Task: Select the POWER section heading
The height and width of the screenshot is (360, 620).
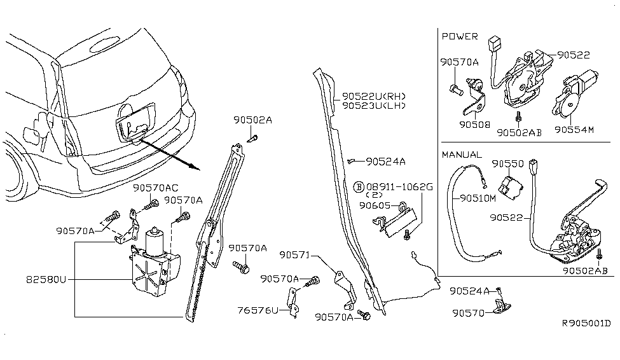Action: [460, 37]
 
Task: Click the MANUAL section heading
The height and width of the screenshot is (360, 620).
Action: [462, 155]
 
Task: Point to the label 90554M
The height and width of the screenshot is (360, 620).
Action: [573, 129]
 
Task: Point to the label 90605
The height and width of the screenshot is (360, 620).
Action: [375, 205]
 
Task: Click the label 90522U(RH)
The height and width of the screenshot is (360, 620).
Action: [374, 96]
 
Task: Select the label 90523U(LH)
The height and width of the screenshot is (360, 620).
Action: [374, 106]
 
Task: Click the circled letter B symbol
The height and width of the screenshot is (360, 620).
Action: [359, 186]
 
